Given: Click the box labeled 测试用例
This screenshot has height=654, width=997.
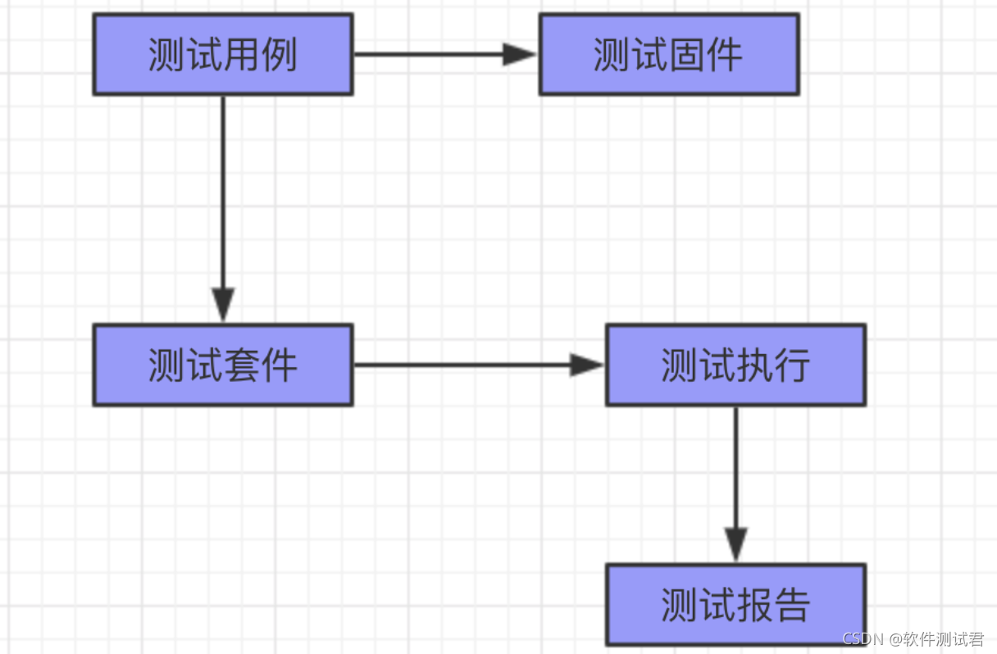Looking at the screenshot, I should pos(222,54).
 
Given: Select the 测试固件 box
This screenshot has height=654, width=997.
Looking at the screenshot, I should pos(668,54).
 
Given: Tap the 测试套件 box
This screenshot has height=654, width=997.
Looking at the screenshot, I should pos(222,365).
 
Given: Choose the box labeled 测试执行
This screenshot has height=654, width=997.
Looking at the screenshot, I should pos(735,365).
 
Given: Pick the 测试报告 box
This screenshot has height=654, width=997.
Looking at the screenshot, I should pos(735,604).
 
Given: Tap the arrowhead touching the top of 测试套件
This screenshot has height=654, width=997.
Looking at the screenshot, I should pos(222,305).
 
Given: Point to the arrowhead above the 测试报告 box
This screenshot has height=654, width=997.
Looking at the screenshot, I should pos(735,544).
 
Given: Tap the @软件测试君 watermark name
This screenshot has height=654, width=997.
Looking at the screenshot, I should pos(938,639).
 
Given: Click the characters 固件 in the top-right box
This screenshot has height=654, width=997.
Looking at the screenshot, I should pos(706,55).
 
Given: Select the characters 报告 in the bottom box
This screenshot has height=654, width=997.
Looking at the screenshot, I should pos(773,605).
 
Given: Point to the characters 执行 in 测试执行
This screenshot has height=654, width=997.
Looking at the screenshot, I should pos(773,366).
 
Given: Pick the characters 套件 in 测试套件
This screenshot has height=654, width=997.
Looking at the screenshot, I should pos(260,366).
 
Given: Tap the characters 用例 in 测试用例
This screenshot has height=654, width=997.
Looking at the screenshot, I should pos(260,55).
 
